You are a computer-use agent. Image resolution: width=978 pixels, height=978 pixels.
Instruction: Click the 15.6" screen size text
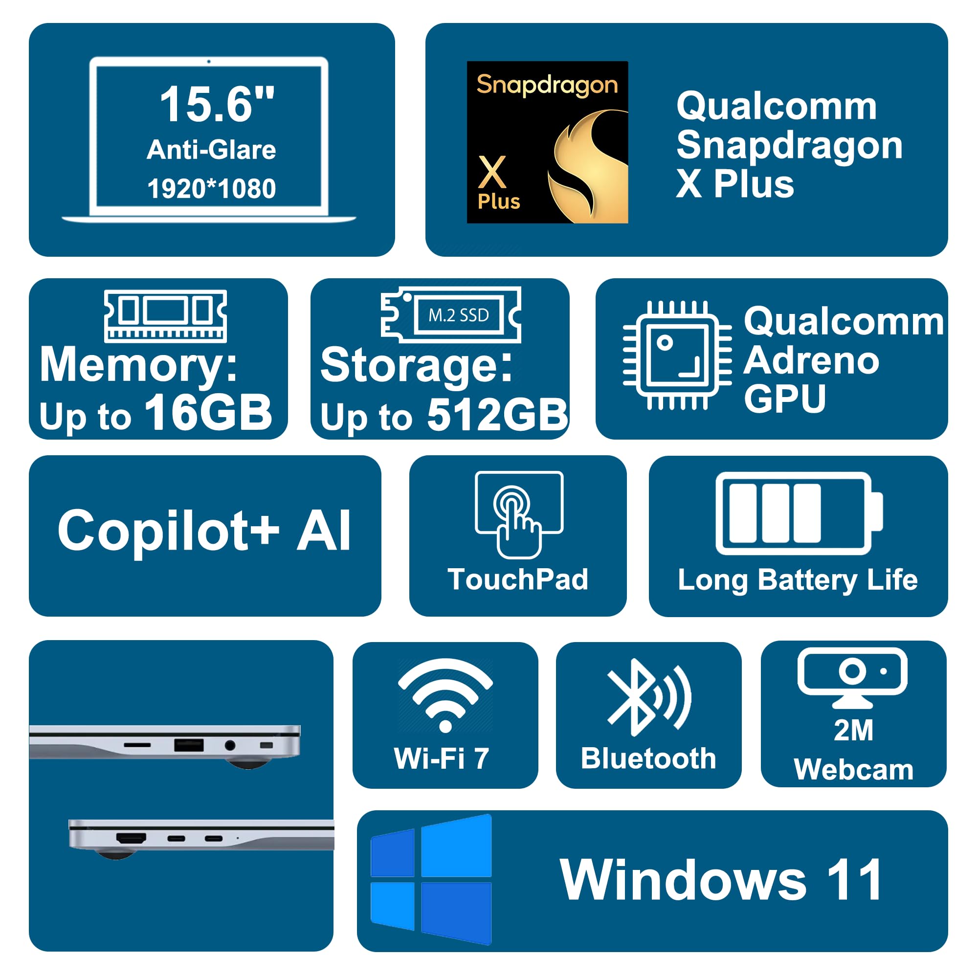point(217,104)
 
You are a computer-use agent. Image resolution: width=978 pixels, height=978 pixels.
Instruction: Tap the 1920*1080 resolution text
point(212,189)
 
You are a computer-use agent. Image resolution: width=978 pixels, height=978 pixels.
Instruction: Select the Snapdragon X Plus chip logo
point(547,142)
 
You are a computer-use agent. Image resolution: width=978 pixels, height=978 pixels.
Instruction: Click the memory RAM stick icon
point(166,315)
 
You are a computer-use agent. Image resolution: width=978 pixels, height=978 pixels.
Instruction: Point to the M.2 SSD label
point(459,315)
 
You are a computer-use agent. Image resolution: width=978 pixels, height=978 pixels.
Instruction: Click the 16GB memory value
point(209,413)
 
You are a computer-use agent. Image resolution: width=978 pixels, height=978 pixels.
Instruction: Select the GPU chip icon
point(677,355)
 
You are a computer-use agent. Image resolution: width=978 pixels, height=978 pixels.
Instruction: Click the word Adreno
point(811,360)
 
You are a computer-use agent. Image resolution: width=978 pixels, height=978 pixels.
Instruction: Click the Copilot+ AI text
point(204,531)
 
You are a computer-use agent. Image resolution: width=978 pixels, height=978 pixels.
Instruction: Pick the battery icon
point(799,513)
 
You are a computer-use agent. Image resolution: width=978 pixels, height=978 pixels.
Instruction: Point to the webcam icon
point(852,677)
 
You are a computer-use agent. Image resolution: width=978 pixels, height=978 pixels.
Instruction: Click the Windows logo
point(431,879)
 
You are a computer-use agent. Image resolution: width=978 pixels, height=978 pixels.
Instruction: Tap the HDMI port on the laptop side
point(131,838)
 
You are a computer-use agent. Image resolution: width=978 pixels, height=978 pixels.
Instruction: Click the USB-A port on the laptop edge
point(189,745)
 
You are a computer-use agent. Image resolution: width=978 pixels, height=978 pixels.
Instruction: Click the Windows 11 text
point(721,880)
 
